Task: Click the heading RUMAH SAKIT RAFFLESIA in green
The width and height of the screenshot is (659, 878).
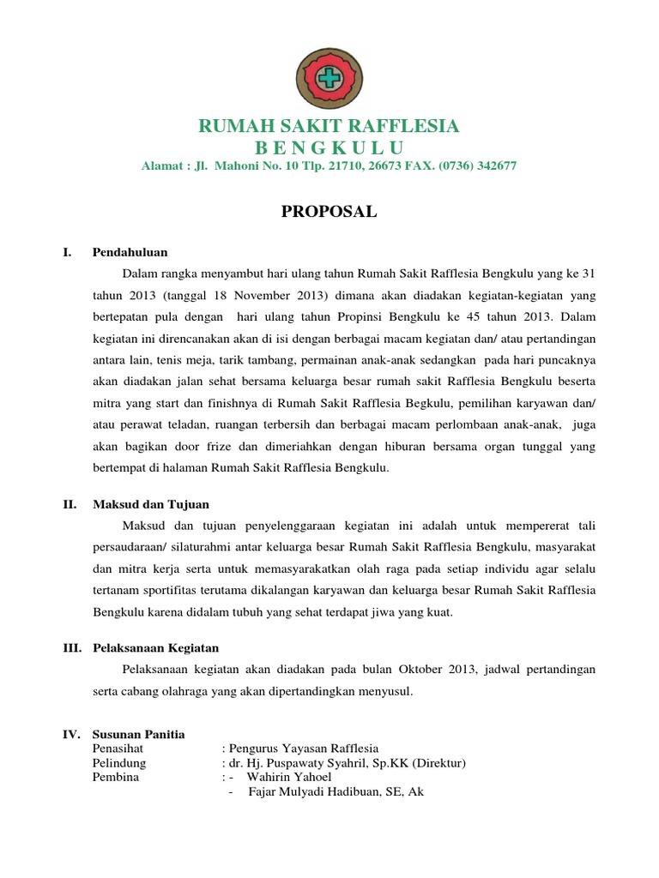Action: click(x=329, y=127)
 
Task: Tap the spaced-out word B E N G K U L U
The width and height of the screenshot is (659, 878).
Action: click(x=329, y=147)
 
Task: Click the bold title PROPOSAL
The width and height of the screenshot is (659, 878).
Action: click(x=329, y=213)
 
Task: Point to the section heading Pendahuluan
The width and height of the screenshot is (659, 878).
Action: click(x=130, y=252)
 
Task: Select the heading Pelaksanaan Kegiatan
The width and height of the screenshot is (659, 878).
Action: click(x=156, y=647)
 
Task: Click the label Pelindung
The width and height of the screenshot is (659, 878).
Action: click(x=119, y=763)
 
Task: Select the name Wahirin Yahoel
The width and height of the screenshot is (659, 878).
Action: click(x=289, y=778)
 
